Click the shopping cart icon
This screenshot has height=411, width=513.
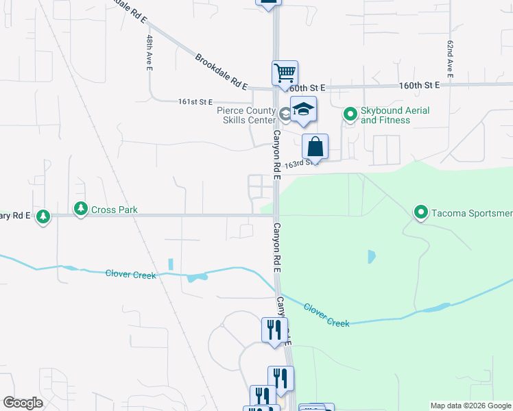[285, 73]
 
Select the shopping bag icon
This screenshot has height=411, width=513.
[315, 147]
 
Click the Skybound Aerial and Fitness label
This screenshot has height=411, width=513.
[394, 115]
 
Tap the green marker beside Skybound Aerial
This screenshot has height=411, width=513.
[350, 114]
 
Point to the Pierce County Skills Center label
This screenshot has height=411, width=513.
[246, 115]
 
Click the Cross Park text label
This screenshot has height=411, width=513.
[115, 210]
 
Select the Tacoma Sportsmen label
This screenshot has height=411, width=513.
[471, 213]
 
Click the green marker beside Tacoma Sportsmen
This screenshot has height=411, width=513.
[421, 212]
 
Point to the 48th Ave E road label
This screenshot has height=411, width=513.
[148, 54]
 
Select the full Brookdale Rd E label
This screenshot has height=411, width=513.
[220, 72]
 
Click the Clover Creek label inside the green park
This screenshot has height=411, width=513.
[326, 314]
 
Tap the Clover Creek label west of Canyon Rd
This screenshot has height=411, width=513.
[131, 274]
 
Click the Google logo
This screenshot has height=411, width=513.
[23, 403]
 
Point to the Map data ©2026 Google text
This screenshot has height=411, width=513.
[470, 406]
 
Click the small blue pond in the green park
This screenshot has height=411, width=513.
[371, 257]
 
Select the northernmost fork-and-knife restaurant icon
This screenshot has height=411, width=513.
[273, 330]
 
